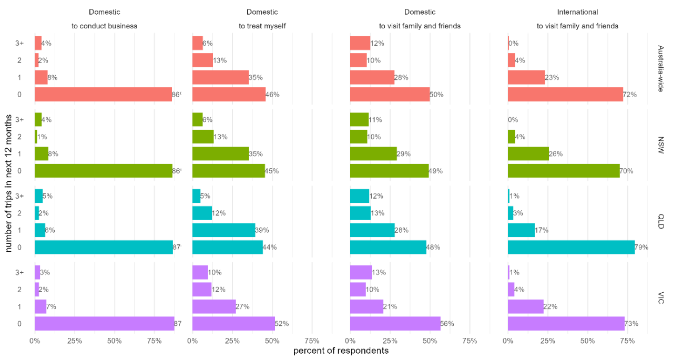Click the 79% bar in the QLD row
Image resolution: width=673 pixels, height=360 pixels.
tap(571, 247)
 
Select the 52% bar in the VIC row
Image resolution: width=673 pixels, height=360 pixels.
tap(233, 324)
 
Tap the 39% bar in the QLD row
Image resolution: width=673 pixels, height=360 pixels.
tap(223, 230)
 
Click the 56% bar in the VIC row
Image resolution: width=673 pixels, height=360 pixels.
tap(395, 324)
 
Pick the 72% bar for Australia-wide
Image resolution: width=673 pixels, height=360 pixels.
tap(565, 95)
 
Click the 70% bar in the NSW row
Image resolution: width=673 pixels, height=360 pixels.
tap(564, 171)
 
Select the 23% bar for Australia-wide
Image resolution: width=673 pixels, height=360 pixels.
tap(526, 78)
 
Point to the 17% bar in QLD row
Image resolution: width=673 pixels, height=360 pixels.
tap(521, 230)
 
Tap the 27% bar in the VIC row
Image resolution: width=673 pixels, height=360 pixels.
tap(214, 306)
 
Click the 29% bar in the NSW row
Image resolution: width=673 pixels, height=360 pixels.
tap(373, 154)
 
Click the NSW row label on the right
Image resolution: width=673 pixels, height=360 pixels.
tap(661, 146)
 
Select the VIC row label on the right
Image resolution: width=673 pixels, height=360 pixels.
tap(661, 298)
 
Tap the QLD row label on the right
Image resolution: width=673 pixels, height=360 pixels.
tap(661, 222)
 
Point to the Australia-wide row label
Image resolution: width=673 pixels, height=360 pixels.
tap(661, 69)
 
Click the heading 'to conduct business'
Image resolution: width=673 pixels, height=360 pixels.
tap(105, 25)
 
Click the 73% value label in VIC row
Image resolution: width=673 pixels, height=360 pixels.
tap(631, 324)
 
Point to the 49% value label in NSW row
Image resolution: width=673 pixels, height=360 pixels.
tap(435, 171)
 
